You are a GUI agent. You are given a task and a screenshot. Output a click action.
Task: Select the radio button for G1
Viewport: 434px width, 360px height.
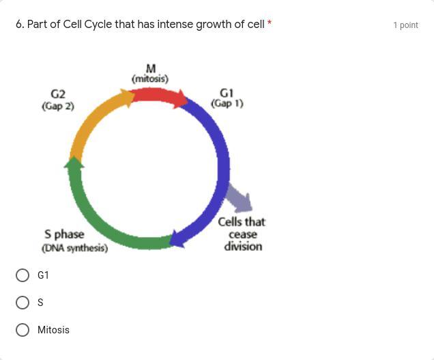pos(23,275)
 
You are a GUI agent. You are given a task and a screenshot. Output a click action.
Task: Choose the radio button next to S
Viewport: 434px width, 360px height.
pos(23,303)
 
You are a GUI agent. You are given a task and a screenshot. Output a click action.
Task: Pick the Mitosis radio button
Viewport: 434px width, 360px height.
pos(23,330)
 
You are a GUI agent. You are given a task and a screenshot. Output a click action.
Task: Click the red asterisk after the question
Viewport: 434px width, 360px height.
pos(269,23)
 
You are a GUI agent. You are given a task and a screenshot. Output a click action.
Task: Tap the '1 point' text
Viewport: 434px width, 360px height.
pos(406,25)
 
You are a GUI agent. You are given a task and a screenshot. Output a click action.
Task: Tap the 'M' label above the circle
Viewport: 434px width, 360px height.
pos(151,68)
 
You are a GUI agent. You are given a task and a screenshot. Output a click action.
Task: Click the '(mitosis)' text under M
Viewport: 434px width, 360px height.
pos(150,79)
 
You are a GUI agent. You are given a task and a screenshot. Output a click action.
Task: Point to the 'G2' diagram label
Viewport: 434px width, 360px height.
pos(58,94)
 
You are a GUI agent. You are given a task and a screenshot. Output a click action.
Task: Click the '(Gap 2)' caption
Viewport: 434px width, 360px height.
pos(58,106)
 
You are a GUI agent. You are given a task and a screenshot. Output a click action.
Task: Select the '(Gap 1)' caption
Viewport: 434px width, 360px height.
pos(227,104)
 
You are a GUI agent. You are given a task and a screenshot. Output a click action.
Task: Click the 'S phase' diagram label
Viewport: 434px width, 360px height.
pos(64,234)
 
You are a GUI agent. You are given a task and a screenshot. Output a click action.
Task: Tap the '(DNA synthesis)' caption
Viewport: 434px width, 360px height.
pos(75,248)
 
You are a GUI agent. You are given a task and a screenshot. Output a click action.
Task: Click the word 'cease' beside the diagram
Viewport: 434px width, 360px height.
pos(243,235)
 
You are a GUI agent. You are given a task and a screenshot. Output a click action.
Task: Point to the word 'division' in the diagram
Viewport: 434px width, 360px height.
pos(243,246)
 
